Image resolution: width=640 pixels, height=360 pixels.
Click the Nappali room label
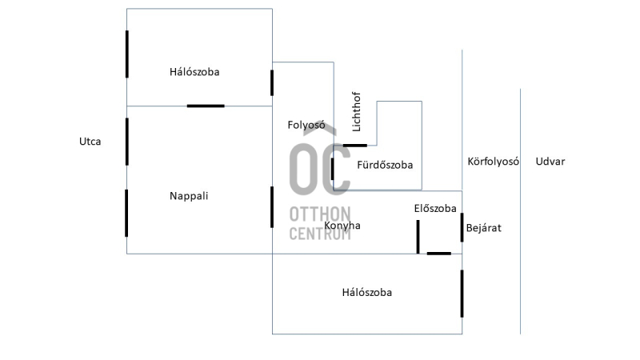pyautogui.click(x=189, y=196)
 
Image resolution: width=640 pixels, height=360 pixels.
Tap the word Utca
pyautogui.click(x=90, y=142)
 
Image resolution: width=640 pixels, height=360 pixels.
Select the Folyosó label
pyautogui.click(x=306, y=125)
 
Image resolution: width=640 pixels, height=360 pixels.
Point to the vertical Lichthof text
pyautogui.click(x=356, y=111)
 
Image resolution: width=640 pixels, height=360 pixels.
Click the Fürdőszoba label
pyautogui.click(x=385, y=165)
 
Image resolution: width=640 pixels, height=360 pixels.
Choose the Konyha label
pyautogui.click(x=342, y=226)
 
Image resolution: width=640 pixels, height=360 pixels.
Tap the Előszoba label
pyautogui.click(x=435, y=208)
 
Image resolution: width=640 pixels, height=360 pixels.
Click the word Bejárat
pyautogui.click(x=484, y=228)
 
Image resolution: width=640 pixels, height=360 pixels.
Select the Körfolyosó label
pyautogui.click(x=493, y=162)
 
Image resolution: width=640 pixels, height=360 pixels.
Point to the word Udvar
pyautogui.click(x=550, y=162)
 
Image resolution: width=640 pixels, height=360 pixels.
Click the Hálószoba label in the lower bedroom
pyautogui.click(x=367, y=292)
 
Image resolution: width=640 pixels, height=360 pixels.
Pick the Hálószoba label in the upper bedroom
pyautogui.click(x=194, y=72)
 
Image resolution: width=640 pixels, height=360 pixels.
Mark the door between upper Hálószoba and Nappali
pyautogui.click(x=206, y=106)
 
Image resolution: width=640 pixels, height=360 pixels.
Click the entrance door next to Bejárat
pyautogui.click(x=462, y=227)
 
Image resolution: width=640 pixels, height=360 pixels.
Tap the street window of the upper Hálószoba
pyautogui.click(x=127, y=54)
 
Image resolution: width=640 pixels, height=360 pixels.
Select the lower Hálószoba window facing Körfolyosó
pyautogui.click(x=462, y=294)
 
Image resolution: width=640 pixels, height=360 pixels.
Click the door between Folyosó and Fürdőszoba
pyautogui.click(x=333, y=169)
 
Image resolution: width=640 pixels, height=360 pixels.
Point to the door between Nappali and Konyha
pyautogui.click(x=272, y=207)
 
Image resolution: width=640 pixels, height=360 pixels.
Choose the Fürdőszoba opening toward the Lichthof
pyautogui.click(x=354, y=146)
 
